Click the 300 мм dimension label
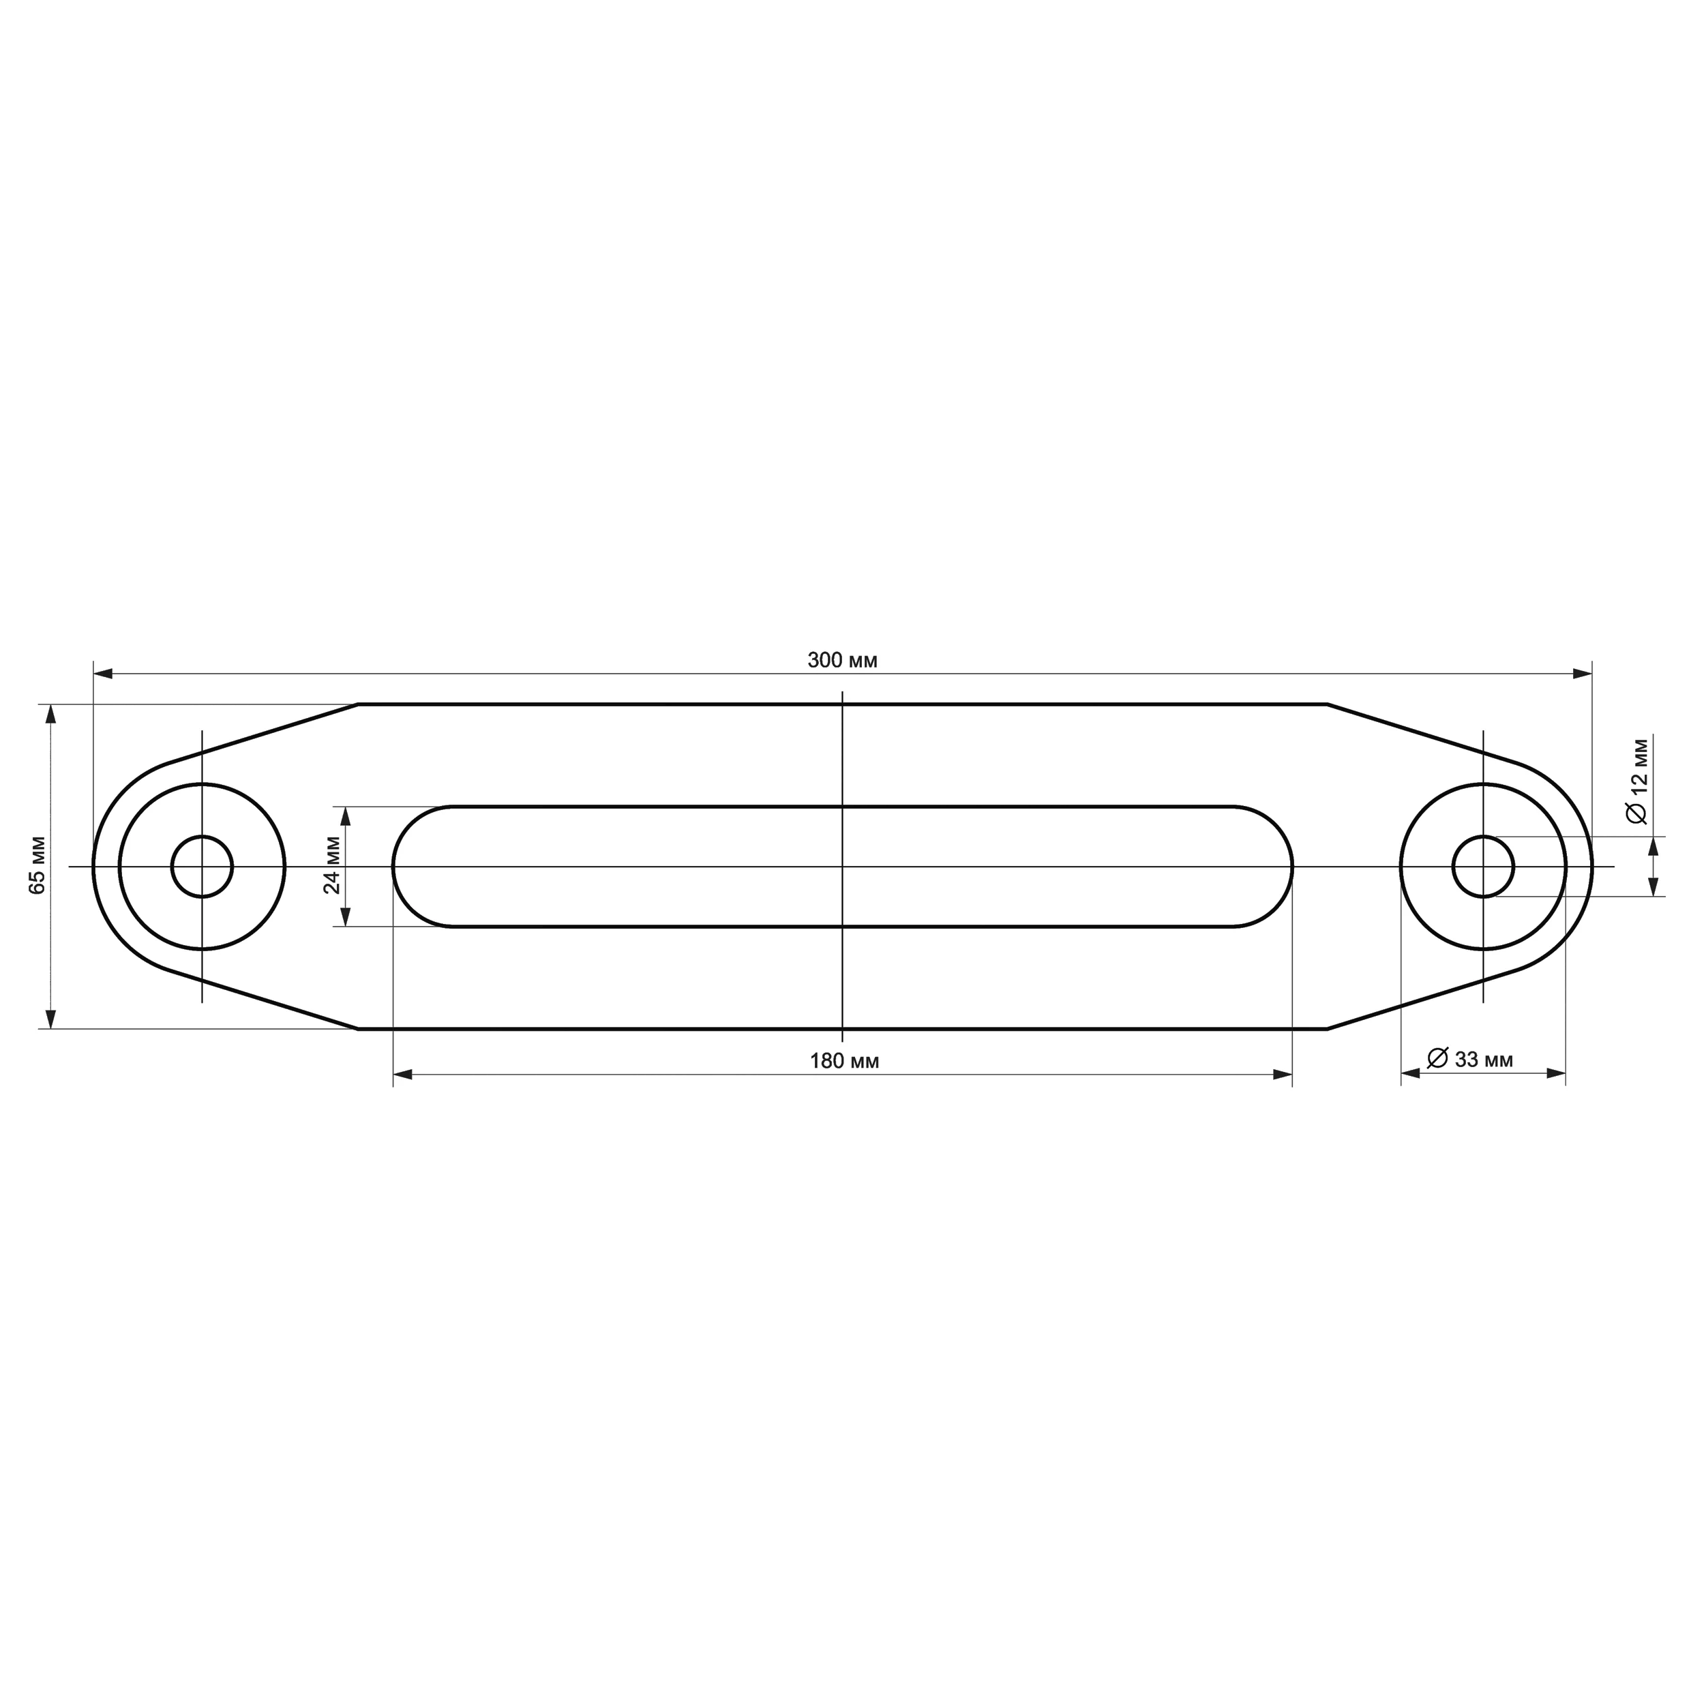842,661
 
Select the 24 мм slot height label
333,865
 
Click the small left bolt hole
203,867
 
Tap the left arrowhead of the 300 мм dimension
103,674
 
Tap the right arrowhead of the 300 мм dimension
1582,674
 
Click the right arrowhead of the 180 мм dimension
1283,1074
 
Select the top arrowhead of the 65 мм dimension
50,714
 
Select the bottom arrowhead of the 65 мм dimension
50,1018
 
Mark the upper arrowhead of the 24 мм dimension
346,815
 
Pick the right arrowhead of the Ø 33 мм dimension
1555,1073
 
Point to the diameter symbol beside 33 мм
1438,1058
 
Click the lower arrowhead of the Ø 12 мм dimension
1653,886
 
